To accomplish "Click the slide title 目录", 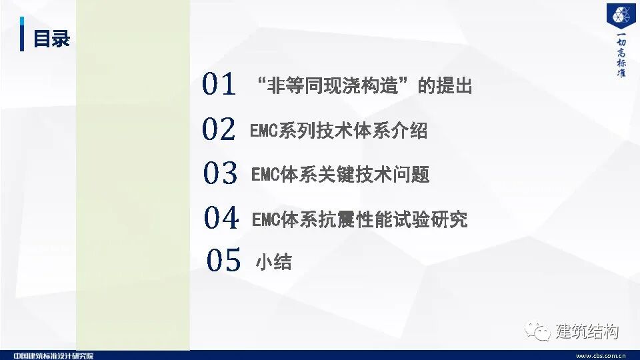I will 52,39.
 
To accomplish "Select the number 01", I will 219,85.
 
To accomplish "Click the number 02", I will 219,129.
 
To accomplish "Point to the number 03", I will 220,174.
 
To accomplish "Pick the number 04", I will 221,218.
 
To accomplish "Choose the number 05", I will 223,260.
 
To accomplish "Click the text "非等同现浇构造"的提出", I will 364,86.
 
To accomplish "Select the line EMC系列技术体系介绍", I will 339,130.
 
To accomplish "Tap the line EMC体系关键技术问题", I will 340,175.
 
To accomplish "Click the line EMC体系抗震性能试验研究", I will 359,219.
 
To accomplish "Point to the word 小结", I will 273,261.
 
